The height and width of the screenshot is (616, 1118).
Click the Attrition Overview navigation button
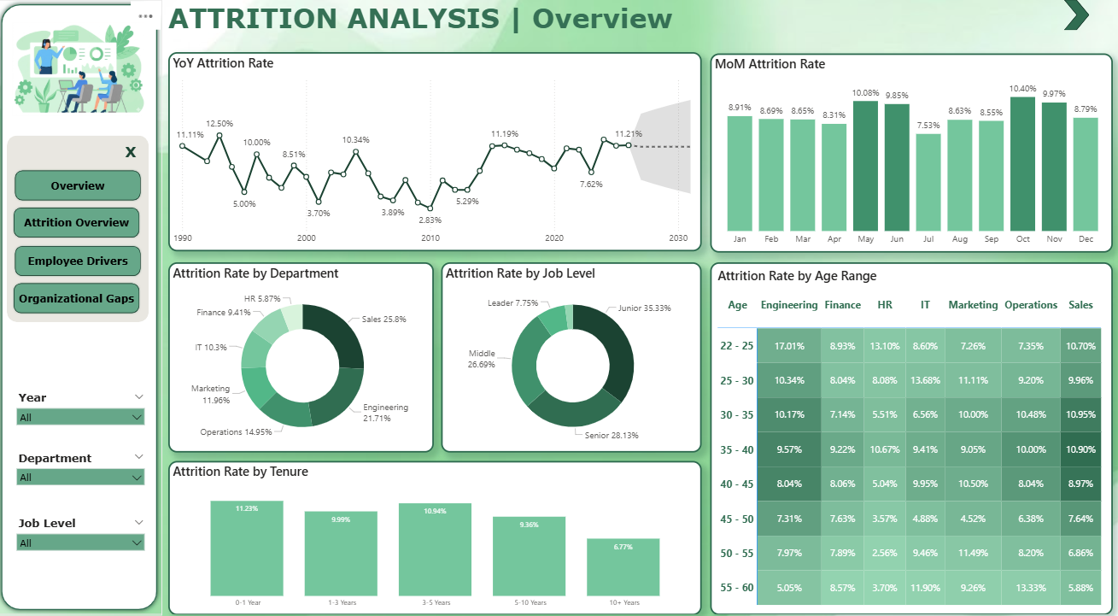[77, 222]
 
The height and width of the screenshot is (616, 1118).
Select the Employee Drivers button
[77, 261]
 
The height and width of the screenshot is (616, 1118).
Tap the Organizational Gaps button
[77, 298]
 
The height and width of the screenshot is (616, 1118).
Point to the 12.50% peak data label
[220, 124]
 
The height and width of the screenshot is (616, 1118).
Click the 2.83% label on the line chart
[430, 220]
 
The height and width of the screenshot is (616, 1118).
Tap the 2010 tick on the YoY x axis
[430, 238]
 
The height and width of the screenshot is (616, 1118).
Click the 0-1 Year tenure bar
[247, 548]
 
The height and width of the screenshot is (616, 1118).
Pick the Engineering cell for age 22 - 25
[788, 346]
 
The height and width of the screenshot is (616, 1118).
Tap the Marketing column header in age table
[973, 305]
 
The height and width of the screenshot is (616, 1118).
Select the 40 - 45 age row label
[736, 484]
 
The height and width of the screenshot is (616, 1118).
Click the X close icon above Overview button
[131, 152]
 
